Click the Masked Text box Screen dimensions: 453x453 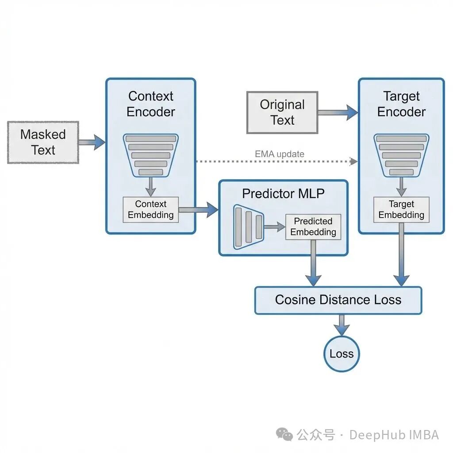point(43,142)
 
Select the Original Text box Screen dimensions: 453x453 point(282,112)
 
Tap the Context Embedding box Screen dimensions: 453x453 point(151,210)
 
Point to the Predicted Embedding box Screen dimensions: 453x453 point(313,226)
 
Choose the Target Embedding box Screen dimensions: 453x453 point(401,210)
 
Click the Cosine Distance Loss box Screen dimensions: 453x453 point(338,300)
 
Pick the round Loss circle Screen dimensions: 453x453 point(342,353)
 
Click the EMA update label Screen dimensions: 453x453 point(280,154)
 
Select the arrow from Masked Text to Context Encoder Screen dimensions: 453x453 point(92,142)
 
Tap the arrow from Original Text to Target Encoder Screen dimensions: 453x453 point(338,112)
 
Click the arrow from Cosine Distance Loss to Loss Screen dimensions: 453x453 point(341,325)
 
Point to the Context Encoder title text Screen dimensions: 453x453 point(151,104)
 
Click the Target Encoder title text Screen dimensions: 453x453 point(401,104)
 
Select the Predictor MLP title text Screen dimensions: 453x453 point(283,193)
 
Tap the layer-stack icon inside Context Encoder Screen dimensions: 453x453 point(150,155)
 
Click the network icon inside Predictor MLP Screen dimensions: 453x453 point(248,226)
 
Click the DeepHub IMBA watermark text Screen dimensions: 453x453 point(394,435)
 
